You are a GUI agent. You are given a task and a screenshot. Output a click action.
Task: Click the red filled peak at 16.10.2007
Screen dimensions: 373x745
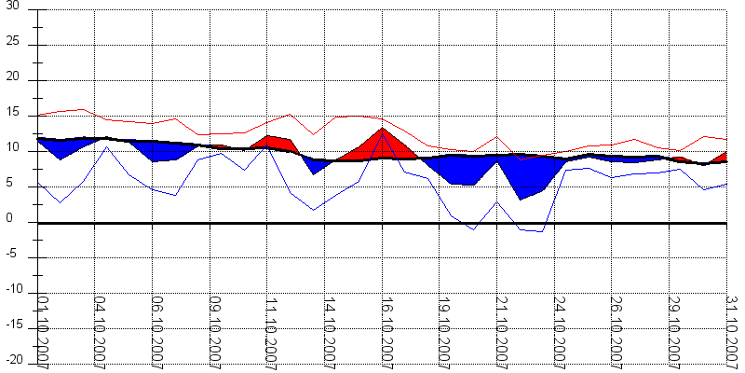point(381,145)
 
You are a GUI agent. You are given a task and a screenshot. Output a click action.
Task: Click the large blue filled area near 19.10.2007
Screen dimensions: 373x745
point(461,169)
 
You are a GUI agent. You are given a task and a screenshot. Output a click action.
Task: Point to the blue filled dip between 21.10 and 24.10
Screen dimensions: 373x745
point(526,176)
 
